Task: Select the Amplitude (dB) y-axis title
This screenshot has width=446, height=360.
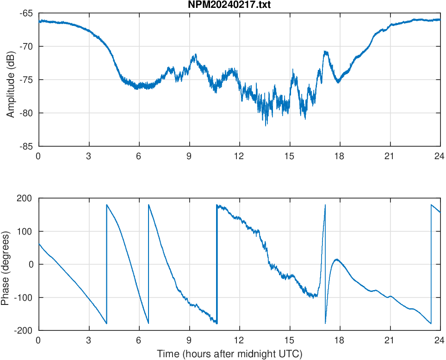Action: (11, 79)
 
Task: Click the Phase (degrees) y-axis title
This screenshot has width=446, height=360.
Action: (5, 264)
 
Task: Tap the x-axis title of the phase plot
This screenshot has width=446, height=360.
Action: (229, 354)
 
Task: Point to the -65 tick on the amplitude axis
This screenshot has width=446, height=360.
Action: (26, 13)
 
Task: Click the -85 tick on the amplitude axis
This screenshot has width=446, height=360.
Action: (26, 146)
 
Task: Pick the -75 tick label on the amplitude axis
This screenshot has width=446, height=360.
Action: (26, 80)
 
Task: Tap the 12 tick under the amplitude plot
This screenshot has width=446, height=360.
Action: (239, 156)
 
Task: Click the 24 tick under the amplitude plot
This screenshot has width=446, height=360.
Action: (440, 156)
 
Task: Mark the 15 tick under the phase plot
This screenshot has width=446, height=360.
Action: (289, 340)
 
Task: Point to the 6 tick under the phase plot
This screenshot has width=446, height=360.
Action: (139, 340)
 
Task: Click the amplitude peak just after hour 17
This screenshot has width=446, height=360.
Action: (326, 51)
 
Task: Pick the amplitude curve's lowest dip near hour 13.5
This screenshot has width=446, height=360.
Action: (266, 125)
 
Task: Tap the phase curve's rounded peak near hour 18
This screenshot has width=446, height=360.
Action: (336, 259)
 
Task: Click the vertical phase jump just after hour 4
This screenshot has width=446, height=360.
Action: (106, 264)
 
